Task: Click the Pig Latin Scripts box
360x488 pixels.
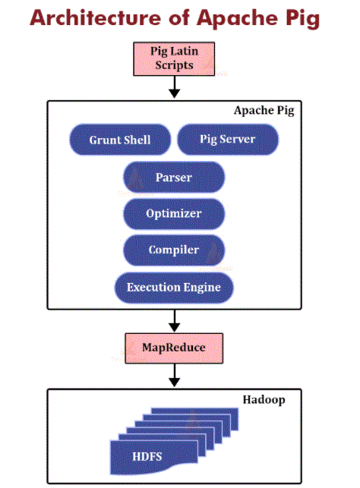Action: pyautogui.click(x=174, y=59)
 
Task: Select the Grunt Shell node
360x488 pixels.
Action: pyautogui.click(x=120, y=140)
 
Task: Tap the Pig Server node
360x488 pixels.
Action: pyautogui.click(x=228, y=139)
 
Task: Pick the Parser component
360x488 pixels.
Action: pyautogui.click(x=174, y=177)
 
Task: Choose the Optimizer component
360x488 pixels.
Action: pyautogui.click(x=174, y=214)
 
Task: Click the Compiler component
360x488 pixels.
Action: pyautogui.click(x=174, y=250)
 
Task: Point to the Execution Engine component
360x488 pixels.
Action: pyautogui.click(x=174, y=288)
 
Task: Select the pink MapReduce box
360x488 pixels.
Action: pyautogui.click(x=174, y=348)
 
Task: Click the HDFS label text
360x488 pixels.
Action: pyautogui.click(x=147, y=457)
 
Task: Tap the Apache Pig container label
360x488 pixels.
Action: pyautogui.click(x=264, y=111)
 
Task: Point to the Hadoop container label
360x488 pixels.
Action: pyautogui.click(x=264, y=400)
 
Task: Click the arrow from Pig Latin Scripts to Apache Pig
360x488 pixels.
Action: pyautogui.click(x=175, y=87)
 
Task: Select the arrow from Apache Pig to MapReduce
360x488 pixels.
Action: pyautogui.click(x=175, y=321)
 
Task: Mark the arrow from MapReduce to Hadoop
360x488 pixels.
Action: pyautogui.click(x=175, y=376)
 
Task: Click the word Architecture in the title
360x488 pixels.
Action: pyautogui.click(x=95, y=17)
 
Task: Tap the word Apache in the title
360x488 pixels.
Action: pyautogui.click(x=237, y=19)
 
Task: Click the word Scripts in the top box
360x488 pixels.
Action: pyautogui.click(x=174, y=65)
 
